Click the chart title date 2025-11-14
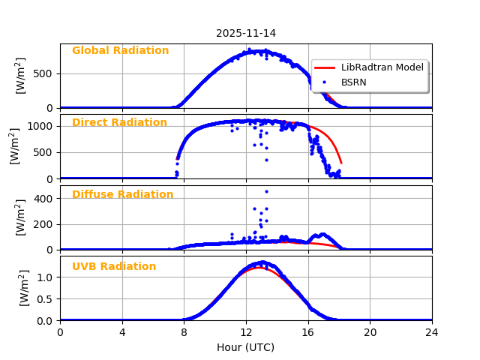click(245, 33)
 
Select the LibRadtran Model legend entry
click(382, 67)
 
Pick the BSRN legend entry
click(353, 82)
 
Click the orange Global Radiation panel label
click(120, 51)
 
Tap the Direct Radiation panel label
click(119, 123)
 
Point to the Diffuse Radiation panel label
click(122, 195)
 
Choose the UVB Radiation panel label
click(114, 267)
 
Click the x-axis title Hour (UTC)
click(245, 347)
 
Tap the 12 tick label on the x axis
click(245, 332)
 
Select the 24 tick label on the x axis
click(431, 332)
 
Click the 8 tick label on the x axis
click(184, 332)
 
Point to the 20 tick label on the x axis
click(370, 332)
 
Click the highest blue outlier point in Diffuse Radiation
click(266, 191)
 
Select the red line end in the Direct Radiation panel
click(341, 163)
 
